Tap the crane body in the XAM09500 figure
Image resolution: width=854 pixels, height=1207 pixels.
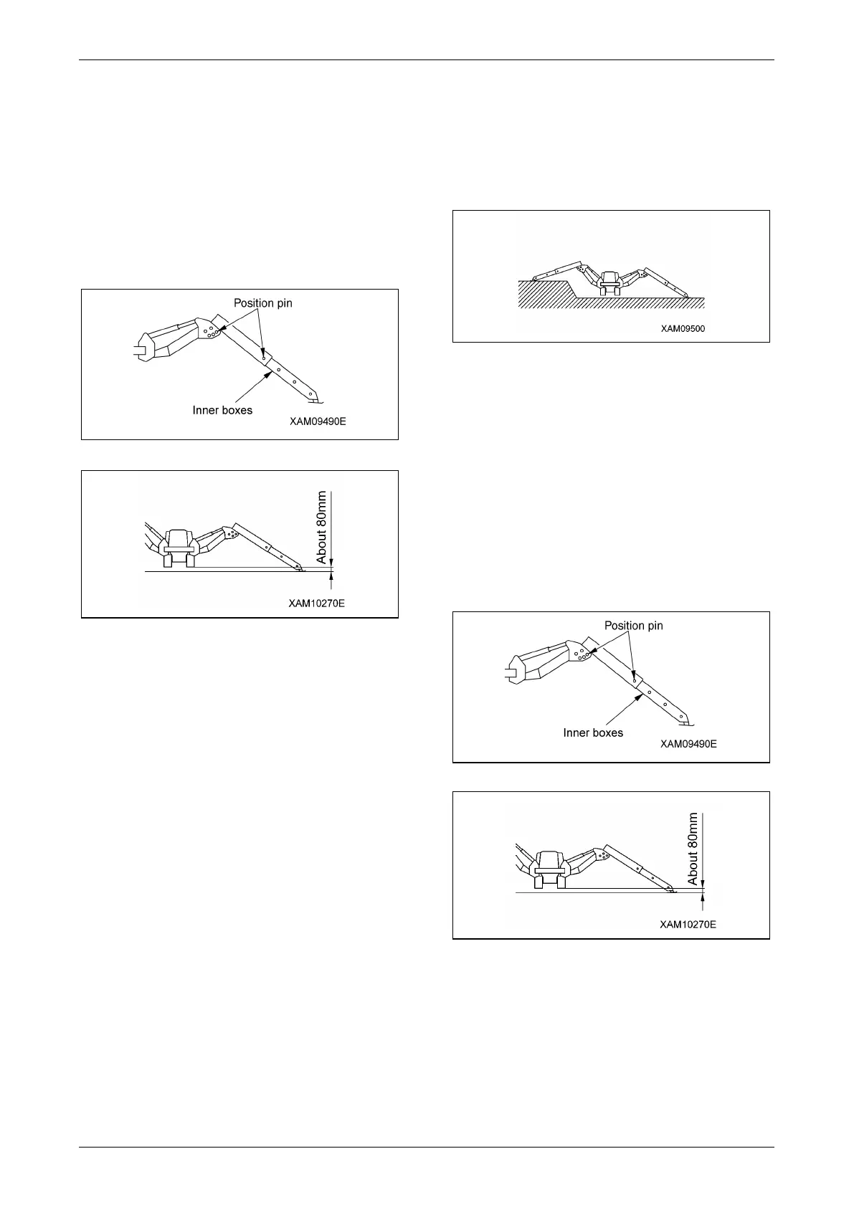point(609,282)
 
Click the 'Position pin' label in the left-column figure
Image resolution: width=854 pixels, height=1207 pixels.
point(263,303)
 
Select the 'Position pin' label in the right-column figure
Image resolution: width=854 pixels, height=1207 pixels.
point(634,626)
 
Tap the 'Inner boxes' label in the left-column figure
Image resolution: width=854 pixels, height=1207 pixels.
point(222,411)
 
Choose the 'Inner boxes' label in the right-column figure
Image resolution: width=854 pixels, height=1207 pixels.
point(593,733)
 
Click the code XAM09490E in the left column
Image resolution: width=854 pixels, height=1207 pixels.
point(318,421)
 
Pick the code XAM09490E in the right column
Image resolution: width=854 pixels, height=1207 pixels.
point(688,744)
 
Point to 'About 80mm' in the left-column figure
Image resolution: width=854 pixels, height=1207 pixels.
point(322,527)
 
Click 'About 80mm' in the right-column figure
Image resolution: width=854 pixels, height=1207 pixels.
point(693,849)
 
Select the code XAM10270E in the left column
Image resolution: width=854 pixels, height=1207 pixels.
point(317,603)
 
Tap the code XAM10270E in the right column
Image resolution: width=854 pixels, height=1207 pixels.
point(688,925)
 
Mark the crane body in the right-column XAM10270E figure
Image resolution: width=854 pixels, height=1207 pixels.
point(549,869)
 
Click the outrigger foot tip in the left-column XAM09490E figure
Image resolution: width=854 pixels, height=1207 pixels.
point(313,397)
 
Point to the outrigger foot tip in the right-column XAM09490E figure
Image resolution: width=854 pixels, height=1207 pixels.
point(684,719)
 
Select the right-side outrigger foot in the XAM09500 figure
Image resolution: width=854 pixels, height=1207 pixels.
point(685,295)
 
